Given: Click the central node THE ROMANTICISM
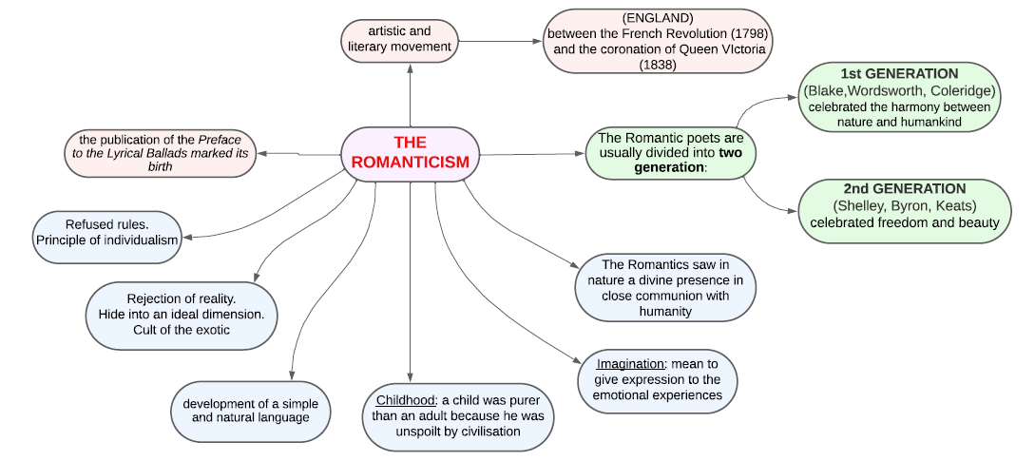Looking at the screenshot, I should pyautogui.click(x=410, y=152).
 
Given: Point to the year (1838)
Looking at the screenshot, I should pyautogui.click(x=656, y=64).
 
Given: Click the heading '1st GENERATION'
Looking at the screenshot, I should pyautogui.click(x=899, y=74).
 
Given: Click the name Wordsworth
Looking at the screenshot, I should pyautogui.click(x=883, y=90).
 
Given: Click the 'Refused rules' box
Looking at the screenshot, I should pyautogui.click(x=107, y=231).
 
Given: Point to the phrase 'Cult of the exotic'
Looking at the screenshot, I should pyautogui.click(x=182, y=330).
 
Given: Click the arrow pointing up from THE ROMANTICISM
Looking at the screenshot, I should pyautogui.click(x=410, y=95).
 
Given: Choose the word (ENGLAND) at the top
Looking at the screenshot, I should pyautogui.click(x=656, y=18).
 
